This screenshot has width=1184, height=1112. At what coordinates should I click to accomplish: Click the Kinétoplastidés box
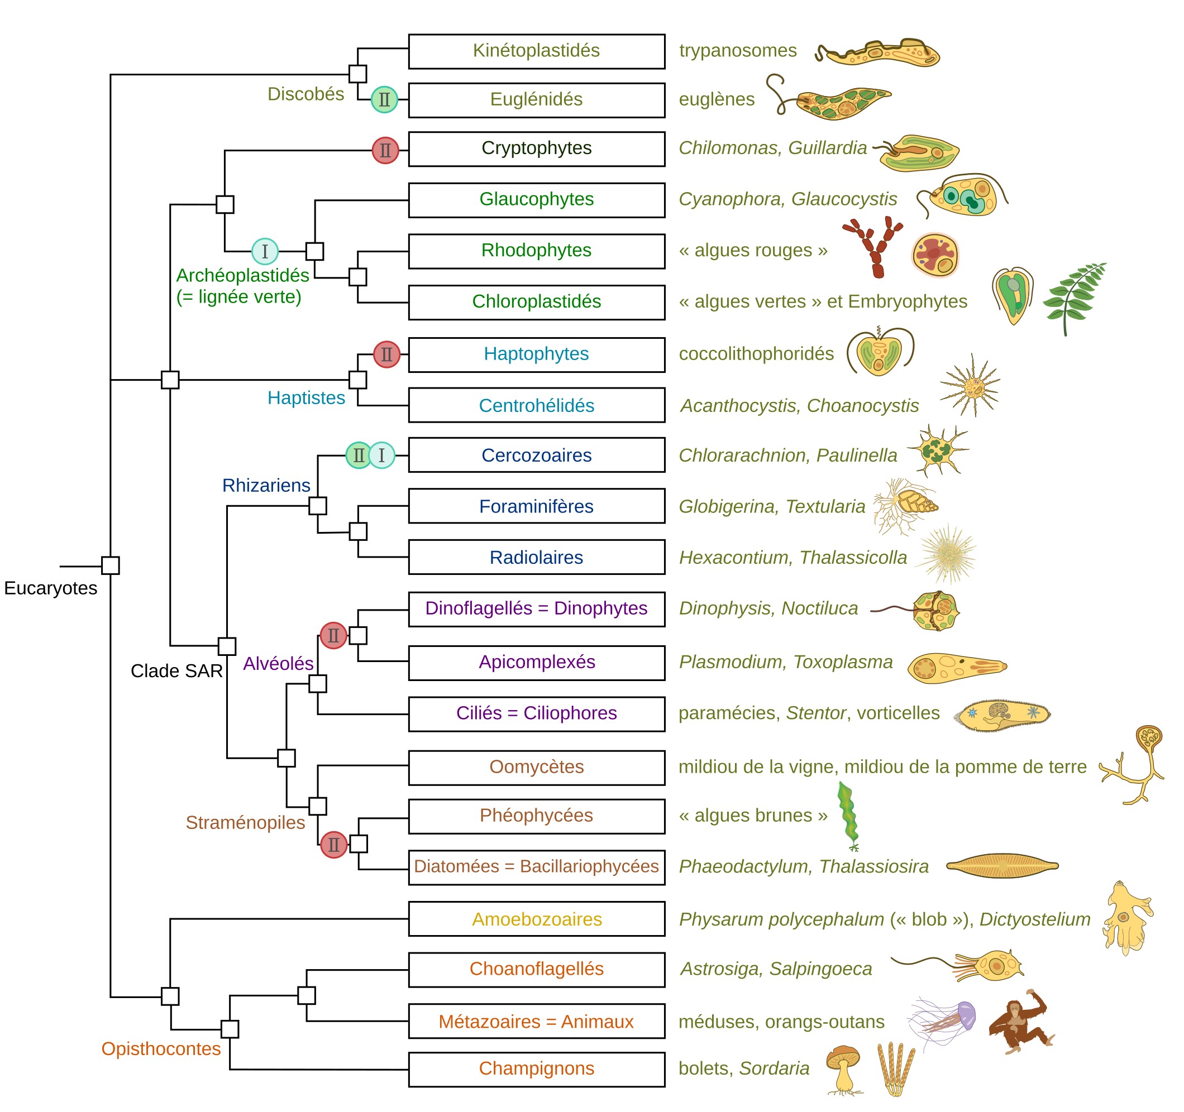pos(537,51)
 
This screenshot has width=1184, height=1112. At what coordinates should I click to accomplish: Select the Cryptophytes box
pos(537,149)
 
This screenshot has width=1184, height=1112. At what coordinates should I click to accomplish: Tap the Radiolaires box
pos(537,557)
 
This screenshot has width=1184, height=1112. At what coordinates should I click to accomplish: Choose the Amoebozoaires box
pos(537,919)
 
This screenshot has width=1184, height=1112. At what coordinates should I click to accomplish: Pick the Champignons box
pos(537,1069)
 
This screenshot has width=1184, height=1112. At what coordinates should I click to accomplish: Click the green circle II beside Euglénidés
pos(384,99)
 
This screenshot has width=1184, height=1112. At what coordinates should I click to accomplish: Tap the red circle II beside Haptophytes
pos(386,355)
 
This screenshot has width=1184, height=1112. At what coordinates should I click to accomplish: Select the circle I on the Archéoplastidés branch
pos(265,251)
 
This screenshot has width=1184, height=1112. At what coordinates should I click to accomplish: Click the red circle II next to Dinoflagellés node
pos(333,636)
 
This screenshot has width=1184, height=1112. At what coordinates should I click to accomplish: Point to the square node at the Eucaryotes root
pos(110,565)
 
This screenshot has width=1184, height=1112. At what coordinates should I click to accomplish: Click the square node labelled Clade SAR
pos(227,646)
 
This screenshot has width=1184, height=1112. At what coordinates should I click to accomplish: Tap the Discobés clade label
pos(305,94)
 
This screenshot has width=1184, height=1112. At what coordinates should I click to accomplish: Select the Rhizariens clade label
pos(266,485)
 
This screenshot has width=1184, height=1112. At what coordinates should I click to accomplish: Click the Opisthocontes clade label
pos(161,1049)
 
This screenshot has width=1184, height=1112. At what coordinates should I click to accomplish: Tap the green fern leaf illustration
pos(1075,298)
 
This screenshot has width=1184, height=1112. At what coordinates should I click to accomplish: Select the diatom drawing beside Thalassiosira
pos(1002,866)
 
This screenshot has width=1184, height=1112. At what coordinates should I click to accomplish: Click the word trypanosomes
pos(738,51)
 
